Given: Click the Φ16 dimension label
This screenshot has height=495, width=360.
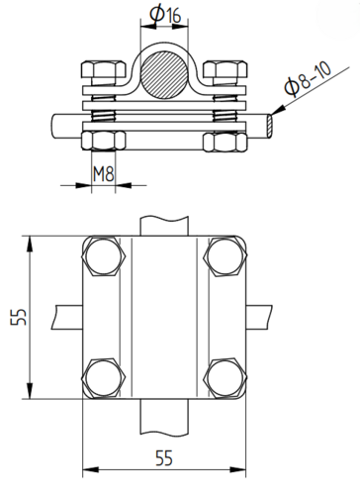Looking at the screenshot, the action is (165, 15).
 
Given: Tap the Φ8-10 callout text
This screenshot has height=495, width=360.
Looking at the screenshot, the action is (308, 80).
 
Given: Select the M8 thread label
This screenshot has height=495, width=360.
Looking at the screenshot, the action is (103, 174).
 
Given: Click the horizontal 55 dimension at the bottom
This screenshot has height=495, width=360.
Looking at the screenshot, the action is (164, 457).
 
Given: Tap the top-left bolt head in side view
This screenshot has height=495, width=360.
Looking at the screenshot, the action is (104, 69).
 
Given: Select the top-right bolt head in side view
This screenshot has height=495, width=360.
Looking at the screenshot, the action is (225, 69).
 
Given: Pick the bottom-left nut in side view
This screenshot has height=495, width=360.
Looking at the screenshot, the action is (104, 142).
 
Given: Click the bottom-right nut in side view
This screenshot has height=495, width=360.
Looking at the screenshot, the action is (225, 142).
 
